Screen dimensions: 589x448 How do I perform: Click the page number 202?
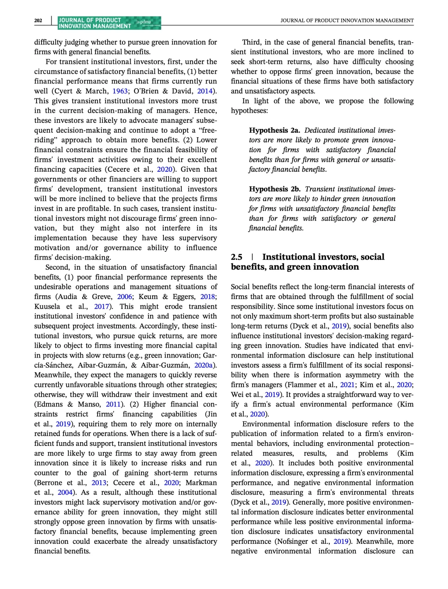38,20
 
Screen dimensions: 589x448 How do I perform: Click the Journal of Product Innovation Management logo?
109,23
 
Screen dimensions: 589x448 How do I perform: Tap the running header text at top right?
347,20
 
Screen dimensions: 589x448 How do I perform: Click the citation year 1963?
120,91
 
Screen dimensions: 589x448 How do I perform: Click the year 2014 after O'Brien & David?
205,91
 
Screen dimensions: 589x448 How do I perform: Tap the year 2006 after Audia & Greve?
124,297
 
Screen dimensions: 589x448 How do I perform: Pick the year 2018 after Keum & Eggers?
207,297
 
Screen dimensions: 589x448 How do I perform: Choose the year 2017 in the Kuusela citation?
102,307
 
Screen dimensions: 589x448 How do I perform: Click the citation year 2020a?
203,365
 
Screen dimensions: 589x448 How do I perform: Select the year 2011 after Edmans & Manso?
113,404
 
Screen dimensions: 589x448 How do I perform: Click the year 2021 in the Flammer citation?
348,385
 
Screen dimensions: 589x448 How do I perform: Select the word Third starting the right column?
251,42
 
